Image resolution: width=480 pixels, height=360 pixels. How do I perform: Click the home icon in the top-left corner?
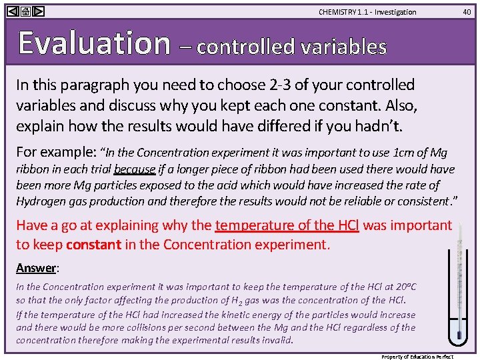[25, 11]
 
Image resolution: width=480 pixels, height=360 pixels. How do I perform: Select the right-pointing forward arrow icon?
[38, 11]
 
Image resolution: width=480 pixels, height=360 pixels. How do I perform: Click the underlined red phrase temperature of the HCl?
[287, 225]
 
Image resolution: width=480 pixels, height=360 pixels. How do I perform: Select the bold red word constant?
[93, 244]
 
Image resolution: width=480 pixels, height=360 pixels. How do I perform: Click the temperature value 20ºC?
[403, 287]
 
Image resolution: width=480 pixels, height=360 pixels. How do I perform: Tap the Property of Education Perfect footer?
[426, 357]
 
